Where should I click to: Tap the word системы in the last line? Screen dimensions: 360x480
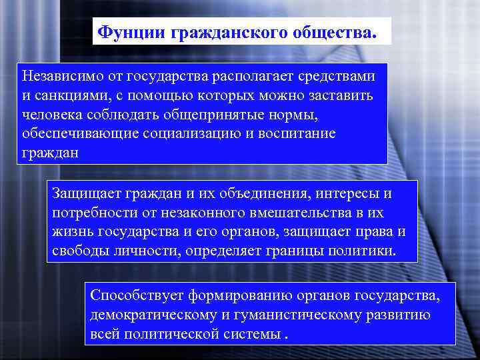point(252,333)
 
